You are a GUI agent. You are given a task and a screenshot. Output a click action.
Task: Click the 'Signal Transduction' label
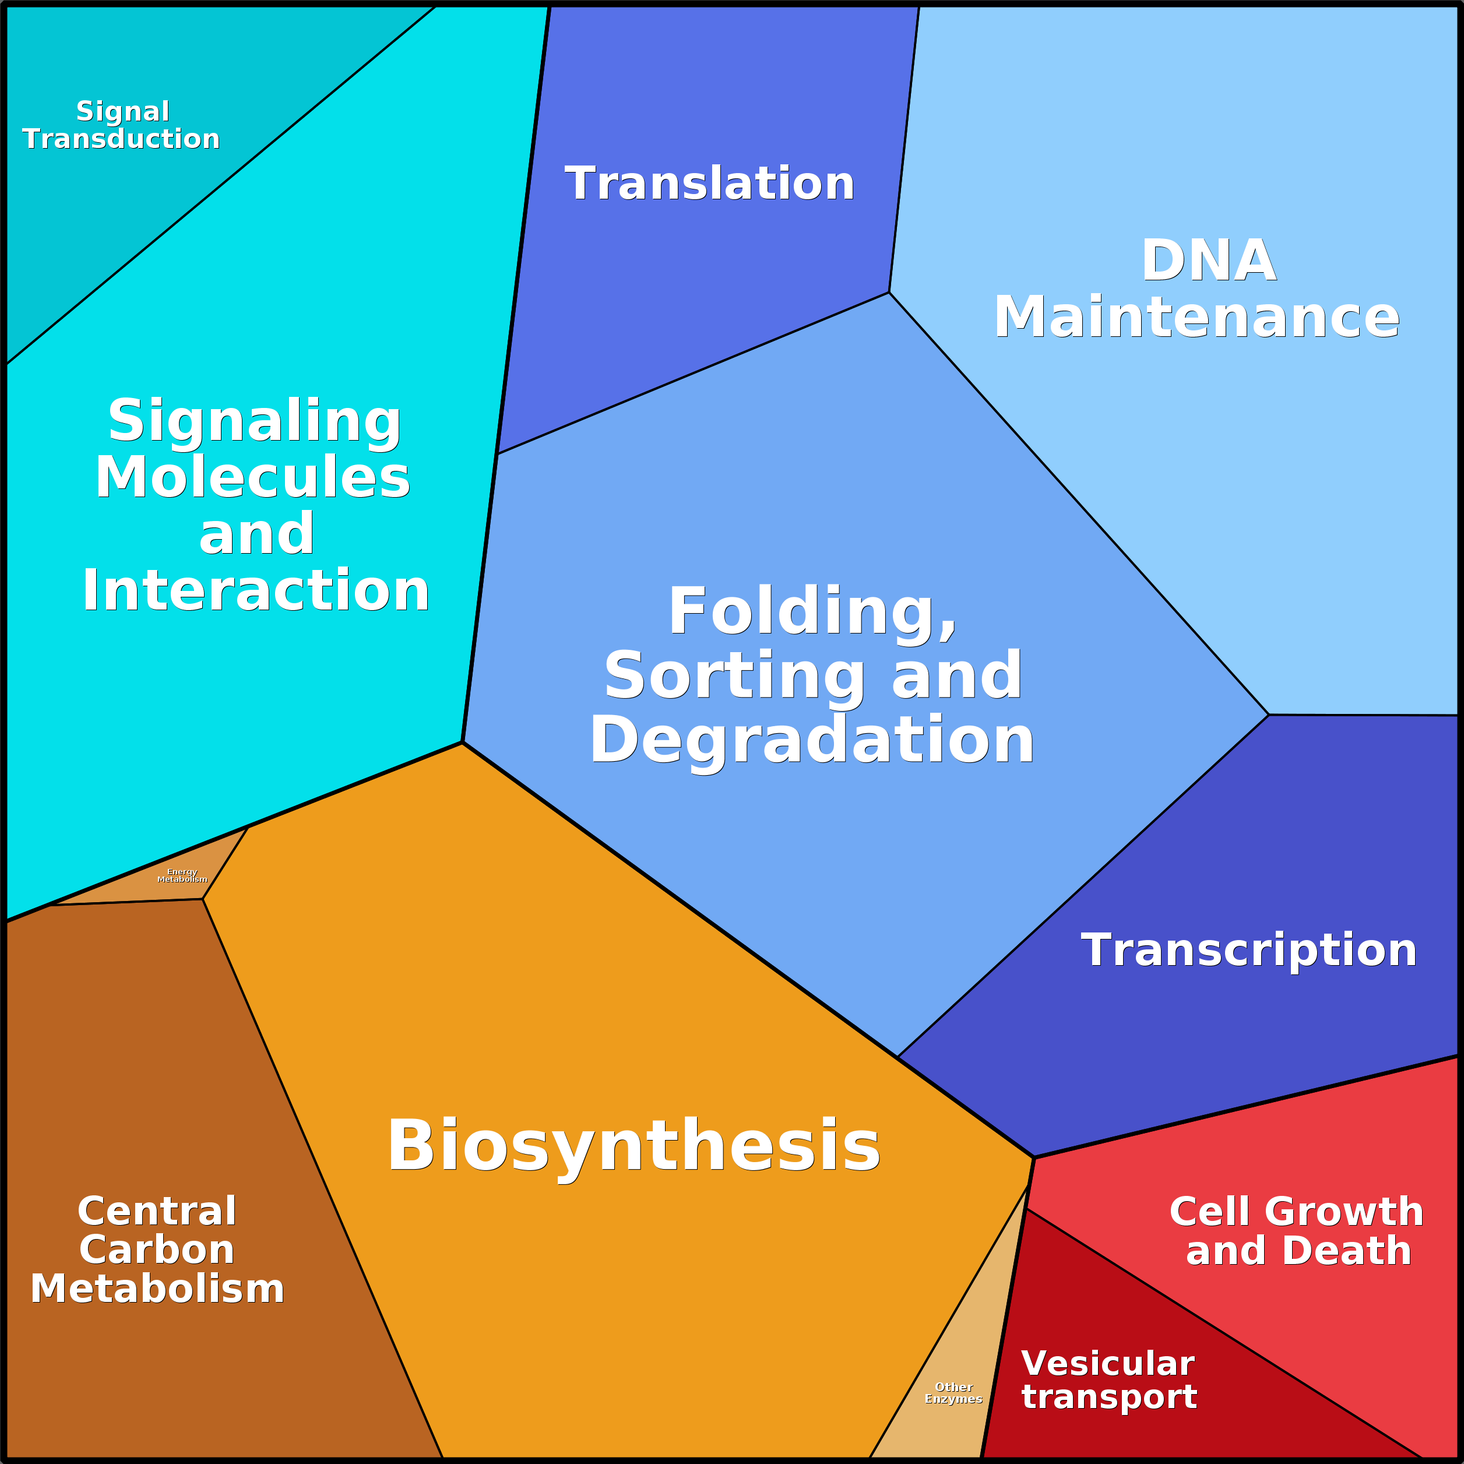point(121,125)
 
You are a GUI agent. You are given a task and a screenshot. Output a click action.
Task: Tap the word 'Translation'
point(709,184)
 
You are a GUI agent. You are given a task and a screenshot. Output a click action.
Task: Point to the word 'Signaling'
point(254,421)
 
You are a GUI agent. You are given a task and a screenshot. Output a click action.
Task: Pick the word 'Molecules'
point(252,477)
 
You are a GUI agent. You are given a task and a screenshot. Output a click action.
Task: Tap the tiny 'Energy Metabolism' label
point(182,876)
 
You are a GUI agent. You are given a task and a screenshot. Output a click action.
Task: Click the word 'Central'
point(157,1211)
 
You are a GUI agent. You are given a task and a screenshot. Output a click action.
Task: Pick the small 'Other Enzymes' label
point(953,1393)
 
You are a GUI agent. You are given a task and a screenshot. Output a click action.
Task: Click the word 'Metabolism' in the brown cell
point(157,1288)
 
